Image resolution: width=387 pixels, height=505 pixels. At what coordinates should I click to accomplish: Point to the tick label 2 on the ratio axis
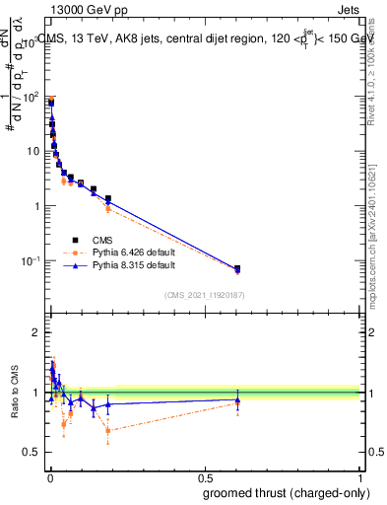pos(36,332)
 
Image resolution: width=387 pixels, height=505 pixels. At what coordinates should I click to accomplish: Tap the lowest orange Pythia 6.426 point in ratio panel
pos(107,430)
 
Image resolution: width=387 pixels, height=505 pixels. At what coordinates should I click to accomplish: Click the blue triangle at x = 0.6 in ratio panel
pos(236,399)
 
